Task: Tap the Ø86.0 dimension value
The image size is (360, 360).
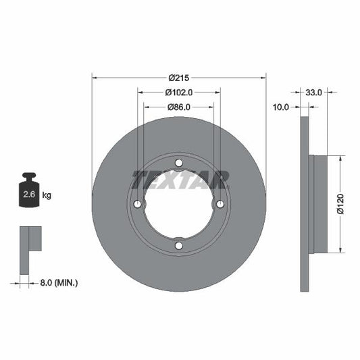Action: pos(179,107)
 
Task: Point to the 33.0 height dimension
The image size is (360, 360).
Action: pos(314,91)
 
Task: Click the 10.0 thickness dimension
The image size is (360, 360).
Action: pos(281,107)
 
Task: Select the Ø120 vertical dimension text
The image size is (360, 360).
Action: pos(340,204)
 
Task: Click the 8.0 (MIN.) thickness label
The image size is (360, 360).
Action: pos(58,282)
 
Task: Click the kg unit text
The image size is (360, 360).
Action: pos(47,195)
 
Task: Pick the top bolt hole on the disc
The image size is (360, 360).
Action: pos(179,163)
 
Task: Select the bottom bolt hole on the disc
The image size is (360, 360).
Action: pos(179,245)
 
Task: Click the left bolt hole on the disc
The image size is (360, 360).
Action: pos(138,204)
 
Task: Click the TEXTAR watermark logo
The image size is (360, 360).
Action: pos(180,180)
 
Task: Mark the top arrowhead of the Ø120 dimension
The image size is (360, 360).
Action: pos(340,159)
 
